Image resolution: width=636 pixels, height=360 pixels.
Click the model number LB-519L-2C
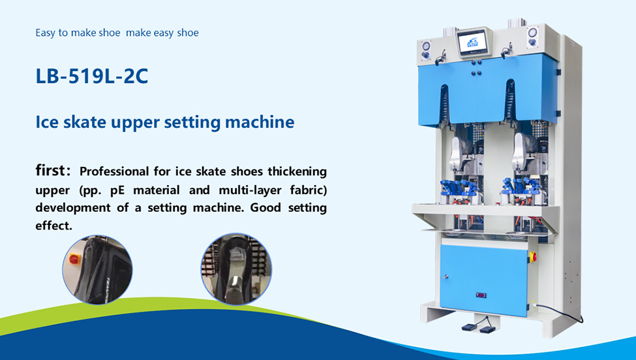click(92, 76)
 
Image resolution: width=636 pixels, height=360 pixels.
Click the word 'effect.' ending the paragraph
click(53, 225)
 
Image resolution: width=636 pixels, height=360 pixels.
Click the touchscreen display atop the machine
click(474, 42)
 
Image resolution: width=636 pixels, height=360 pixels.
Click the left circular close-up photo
click(97, 269)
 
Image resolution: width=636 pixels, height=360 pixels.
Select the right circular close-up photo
click(236, 268)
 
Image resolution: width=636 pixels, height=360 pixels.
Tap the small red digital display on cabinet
click(481, 295)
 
